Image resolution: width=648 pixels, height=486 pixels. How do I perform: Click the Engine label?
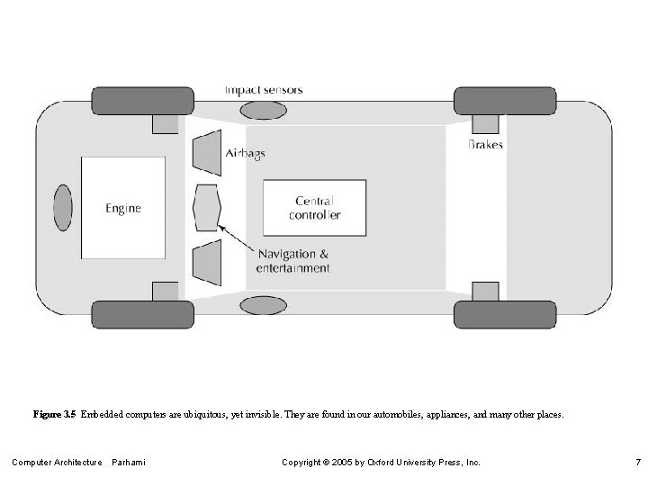(x=123, y=209)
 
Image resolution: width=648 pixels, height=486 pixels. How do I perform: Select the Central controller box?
(x=315, y=208)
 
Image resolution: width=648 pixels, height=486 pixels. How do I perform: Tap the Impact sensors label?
(x=264, y=90)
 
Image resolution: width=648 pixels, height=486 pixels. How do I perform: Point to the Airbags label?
(x=245, y=154)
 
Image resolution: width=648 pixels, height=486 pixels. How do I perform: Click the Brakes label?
(x=486, y=144)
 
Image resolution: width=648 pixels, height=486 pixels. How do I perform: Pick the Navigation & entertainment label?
(x=292, y=261)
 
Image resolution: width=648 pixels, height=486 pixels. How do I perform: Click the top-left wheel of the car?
(x=143, y=100)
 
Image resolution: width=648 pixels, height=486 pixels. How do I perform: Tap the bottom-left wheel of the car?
(x=143, y=315)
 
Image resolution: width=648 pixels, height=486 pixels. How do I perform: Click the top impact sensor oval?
(x=262, y=111)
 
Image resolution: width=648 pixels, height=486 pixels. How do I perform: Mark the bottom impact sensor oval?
(x=262, y=305)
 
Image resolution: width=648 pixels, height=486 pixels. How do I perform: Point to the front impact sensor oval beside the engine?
(x=62, y=208)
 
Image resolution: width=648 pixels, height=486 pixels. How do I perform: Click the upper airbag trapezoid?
(x=208, y=154)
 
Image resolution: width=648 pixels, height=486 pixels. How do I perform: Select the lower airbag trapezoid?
(x=208, y=262)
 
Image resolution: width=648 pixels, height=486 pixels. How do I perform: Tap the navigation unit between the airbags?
(x=206, y=208)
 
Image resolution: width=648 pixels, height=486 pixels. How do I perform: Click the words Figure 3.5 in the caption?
(x=54, y=416)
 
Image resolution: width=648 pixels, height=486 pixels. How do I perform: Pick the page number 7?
(x=637, y=463)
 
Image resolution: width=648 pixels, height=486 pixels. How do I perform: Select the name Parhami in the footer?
(x=129, y=463)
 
